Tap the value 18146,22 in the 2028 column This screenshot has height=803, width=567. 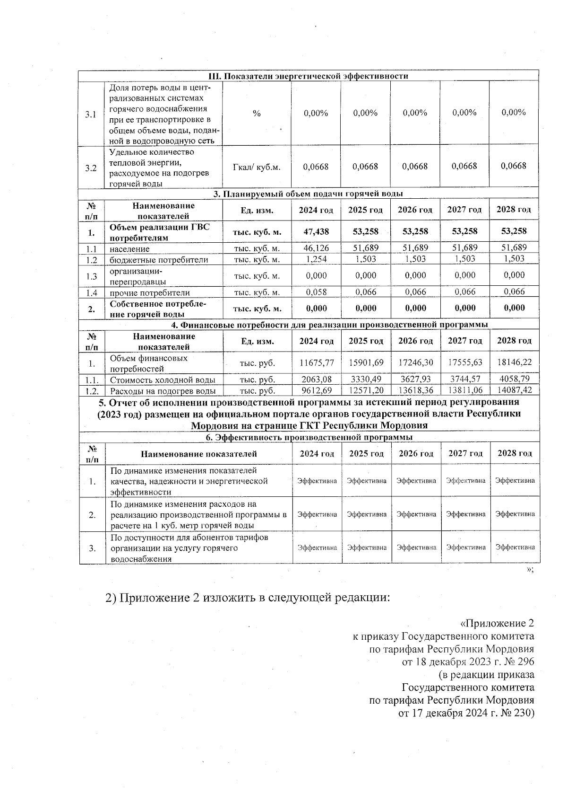point(515,362)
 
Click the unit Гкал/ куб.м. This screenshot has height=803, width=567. point(257,167)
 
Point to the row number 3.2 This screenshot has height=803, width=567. point(91,168)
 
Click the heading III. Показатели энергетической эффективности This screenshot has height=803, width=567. point(309,76)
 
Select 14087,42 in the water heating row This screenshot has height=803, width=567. point(515,390)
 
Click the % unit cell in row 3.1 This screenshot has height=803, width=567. point(257,113)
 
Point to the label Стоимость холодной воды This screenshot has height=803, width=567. point(163,380)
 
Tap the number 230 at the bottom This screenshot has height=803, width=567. point(522,713)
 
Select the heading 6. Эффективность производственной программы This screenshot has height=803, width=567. point(309,437)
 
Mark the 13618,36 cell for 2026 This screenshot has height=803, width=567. point(416,390)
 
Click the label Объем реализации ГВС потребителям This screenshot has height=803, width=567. point(159,232)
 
